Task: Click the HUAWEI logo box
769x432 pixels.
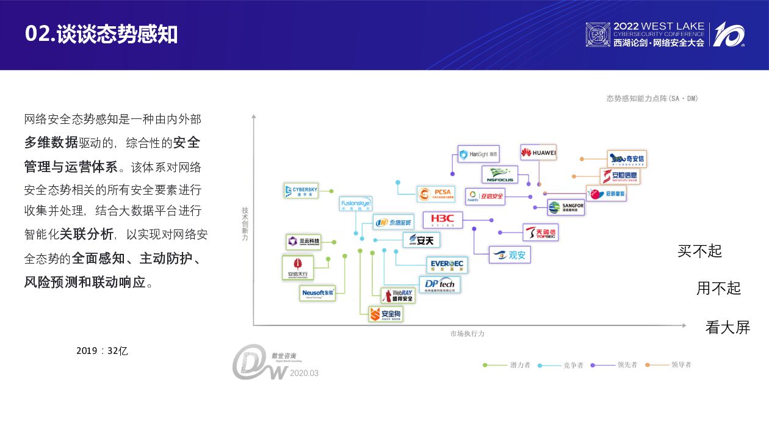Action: (x=538, y=153)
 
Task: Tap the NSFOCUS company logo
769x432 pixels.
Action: (x=500, y=175)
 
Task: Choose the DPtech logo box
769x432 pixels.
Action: (x=440, y=285)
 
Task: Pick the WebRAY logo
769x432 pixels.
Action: (x=398, y=296)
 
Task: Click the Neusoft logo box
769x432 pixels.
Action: (x=318, y=293)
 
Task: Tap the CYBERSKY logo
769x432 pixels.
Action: (x=301, y=191)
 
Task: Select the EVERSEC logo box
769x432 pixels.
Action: (x=447, y=265)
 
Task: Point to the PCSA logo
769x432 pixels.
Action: (x=436, y=194)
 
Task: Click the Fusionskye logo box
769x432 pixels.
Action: (x=355, y=204)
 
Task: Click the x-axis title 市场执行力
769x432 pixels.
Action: (x=468, y=334)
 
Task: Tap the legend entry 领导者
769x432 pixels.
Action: (x=681, y=365)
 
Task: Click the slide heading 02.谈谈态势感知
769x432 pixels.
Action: (x=101, y=34)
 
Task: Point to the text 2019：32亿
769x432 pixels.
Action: (x=102, y=351)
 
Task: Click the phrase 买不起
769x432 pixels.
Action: (x=699, y=251)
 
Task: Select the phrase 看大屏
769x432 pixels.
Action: (x=727, y=327)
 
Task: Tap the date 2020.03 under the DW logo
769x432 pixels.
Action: (x=304, y=373)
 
